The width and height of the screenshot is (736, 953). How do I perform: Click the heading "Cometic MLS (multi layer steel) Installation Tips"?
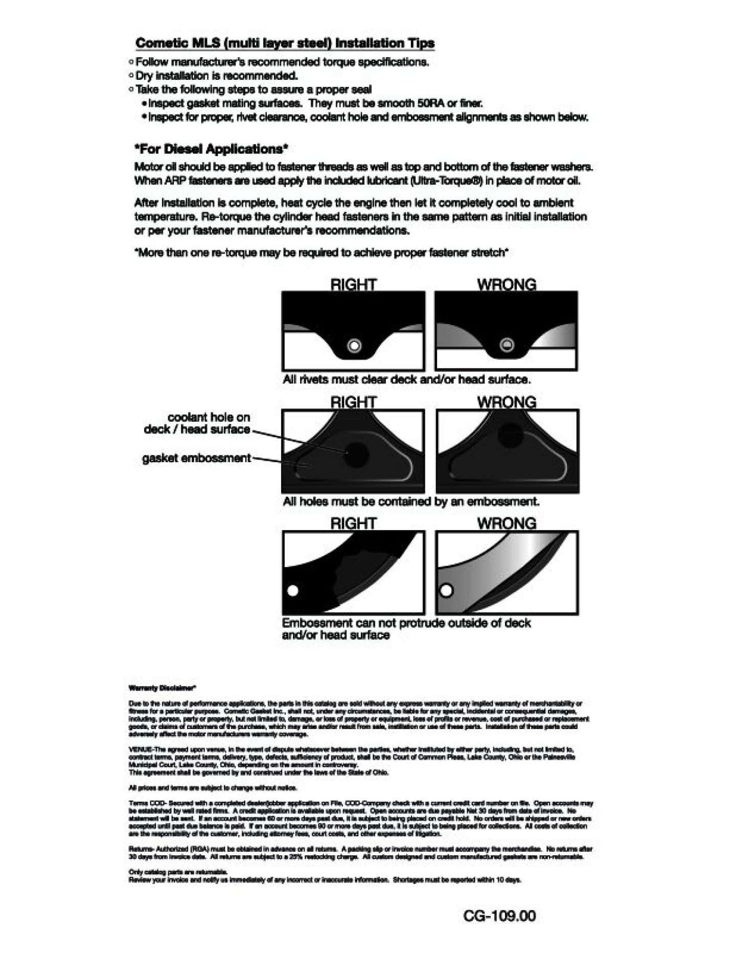(285, 43)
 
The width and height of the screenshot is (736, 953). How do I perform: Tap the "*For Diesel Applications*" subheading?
(211, 149)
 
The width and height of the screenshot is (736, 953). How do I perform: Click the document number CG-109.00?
(499, 916)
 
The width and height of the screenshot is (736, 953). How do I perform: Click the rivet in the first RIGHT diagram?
(354, 346)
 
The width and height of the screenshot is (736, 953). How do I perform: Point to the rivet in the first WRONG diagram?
(507, 345)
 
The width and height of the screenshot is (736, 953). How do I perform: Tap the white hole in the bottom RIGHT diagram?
(293, 591)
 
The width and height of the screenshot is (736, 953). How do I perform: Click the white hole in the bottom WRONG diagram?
(446, 591)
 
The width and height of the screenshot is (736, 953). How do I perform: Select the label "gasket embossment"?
(196, 458)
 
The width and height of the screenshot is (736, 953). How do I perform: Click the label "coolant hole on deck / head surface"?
(197, 423)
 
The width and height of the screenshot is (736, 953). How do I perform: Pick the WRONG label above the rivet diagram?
(507, 284)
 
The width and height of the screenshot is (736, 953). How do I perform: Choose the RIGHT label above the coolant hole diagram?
(353, 402)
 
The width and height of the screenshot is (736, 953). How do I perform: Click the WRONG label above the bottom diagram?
(507, 524)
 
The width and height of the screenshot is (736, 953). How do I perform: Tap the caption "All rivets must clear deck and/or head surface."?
(407, 379)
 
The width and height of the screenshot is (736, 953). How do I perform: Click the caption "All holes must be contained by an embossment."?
(411, 502)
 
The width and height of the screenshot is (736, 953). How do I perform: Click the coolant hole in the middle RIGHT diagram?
(356, 453)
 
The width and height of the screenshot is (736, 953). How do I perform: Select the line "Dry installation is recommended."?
(216, 76)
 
